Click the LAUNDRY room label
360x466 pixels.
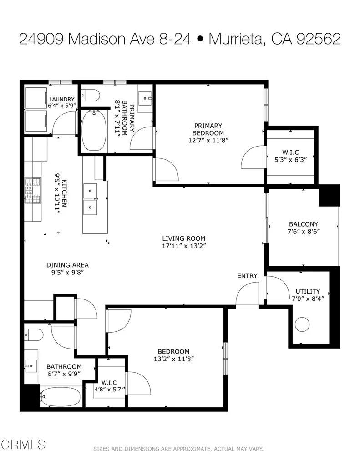(61, 99)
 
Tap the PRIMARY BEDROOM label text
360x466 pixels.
(208, 129)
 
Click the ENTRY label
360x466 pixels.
(247, 276)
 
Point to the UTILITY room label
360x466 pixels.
(308, 291)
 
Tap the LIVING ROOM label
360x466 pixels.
(184, 238)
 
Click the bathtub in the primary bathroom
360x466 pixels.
(94, 130)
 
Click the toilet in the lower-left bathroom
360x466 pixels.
(34, 335)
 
